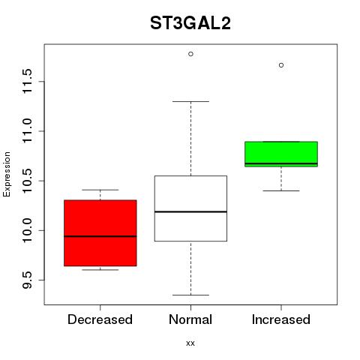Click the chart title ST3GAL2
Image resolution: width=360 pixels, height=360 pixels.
(x=190, y=23)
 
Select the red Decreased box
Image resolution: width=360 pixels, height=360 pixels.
(x=100, y=233)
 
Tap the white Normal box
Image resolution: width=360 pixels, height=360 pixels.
(x=190, y=208)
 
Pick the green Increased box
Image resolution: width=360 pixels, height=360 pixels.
(x=281, y=154)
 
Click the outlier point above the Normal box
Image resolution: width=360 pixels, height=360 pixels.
(x=190, y=54)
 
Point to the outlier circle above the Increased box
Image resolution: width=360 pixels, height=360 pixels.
(x=281, y=65)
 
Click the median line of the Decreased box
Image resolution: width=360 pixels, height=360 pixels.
(x=100, y=236)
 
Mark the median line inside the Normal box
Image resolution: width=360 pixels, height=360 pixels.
(x=190, y=211)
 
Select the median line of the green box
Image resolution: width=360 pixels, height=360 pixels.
(x=281, y=163)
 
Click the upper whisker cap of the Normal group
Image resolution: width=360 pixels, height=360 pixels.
(x=190, y=101)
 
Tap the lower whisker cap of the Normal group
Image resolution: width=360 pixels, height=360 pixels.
(x=190, y=295)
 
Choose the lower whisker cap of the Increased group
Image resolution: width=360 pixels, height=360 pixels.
(x=281, y=190)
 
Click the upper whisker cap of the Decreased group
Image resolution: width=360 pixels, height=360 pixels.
(x=100, y=190)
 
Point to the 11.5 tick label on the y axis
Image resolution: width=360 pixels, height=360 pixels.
(x=27, y=82)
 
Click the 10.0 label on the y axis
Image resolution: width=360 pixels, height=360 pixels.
(x=27, y=230)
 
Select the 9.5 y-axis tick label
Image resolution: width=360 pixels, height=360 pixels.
(x=27, y=280)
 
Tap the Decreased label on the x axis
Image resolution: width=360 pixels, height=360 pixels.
(x=100, y=319)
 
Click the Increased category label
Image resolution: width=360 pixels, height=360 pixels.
(x=281, y=319)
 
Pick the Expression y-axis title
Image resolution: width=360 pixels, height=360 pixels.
(x=7, y=174)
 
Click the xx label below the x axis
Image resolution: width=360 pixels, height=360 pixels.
(x=190, y=343)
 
